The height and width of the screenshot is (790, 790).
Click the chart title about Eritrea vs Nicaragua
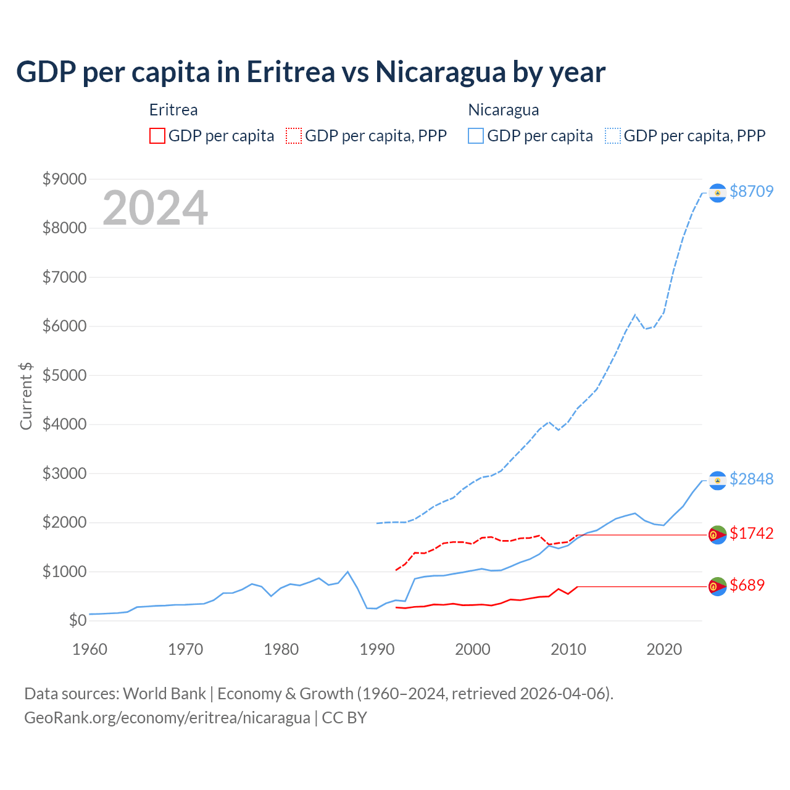click(x=310, y=72)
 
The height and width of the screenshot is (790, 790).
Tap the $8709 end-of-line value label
click(x=751, y=191)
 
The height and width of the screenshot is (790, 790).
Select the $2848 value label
click(x=751, y=479)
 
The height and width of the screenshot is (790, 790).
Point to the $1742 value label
click(x=751, y=533)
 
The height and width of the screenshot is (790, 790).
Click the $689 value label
click(x=747, y=585)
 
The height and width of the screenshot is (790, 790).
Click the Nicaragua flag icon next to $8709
click(x=717, y=193)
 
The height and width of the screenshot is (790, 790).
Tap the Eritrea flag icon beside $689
click(x=717, y=587)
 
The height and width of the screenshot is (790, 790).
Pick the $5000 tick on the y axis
click(x=64, y=375)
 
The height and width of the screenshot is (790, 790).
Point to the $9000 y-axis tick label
click(x=64, y=179)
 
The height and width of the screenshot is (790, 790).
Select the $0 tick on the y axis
click(x=77, y=620)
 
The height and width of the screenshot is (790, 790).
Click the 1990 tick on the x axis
click(x=377, y=649)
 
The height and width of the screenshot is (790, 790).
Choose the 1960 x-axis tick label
click(x=90, y=649)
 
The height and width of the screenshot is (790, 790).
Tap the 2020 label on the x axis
click(x=664, y=649)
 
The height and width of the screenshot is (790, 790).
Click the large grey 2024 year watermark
click(x=155, y=208)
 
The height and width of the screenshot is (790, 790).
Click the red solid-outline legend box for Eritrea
click(x=157, y=136)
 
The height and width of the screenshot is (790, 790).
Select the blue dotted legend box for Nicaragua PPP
click(x=613, y=136)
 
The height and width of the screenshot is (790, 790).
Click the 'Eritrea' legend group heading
click(x=173, y=110)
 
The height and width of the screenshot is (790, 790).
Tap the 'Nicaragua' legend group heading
click(x=504, y=110)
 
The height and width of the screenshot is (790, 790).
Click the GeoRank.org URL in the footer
click(x=167, y=718)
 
